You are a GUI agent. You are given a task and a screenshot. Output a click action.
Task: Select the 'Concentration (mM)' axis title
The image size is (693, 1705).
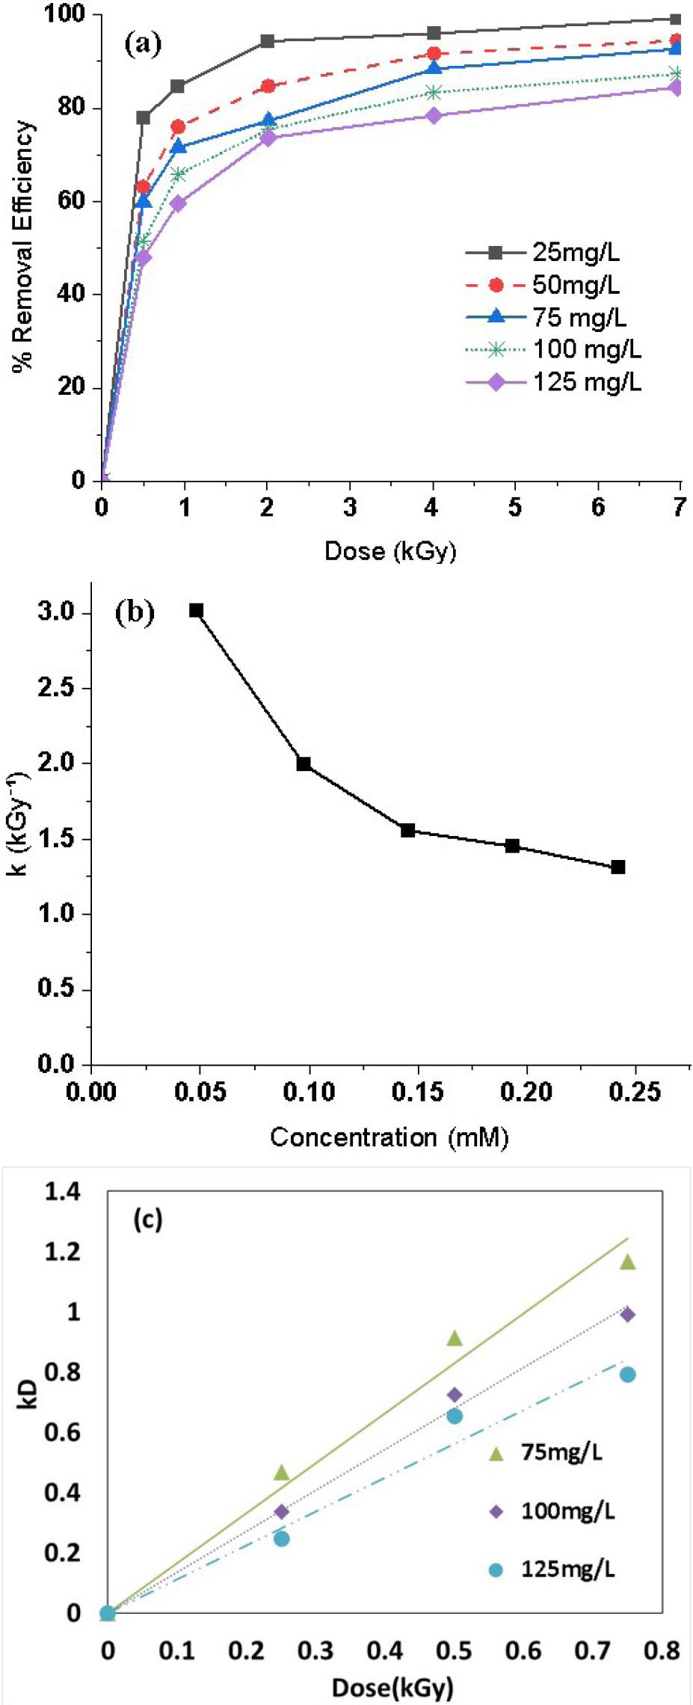[389, 1137]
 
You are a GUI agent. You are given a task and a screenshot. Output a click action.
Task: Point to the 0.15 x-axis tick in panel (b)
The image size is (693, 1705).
[418, 1092]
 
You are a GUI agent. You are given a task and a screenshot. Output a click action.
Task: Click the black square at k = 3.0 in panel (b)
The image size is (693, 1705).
[197, 611]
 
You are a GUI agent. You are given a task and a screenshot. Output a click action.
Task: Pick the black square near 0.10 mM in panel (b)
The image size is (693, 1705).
[304, 764]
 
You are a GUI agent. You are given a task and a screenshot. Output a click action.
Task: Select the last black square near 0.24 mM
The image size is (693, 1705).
[617, 867]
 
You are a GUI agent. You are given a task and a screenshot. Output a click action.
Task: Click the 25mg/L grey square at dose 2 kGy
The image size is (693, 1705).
[267, 41]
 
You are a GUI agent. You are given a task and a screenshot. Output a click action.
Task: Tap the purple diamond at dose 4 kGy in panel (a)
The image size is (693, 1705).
[434, 115]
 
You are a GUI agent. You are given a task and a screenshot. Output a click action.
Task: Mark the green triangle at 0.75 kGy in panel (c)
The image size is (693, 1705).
[627, 1262]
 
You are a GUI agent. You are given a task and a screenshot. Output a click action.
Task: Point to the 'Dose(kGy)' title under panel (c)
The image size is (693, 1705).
[392, 1688]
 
